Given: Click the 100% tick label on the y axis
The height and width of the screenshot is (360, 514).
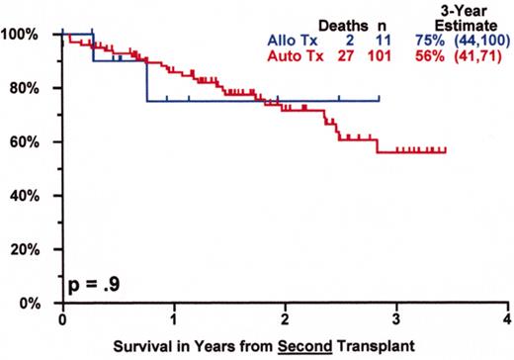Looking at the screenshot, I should coord(22,35).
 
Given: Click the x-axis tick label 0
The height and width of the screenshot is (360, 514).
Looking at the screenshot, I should coord(62,319).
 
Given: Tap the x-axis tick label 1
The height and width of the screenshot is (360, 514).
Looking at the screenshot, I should coord(174,319).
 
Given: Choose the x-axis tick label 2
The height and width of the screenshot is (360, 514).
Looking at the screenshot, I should coord(285,319).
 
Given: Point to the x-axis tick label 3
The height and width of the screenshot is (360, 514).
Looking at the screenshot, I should coord(396,319).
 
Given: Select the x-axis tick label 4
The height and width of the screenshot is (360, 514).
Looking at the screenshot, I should coord(507,319).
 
